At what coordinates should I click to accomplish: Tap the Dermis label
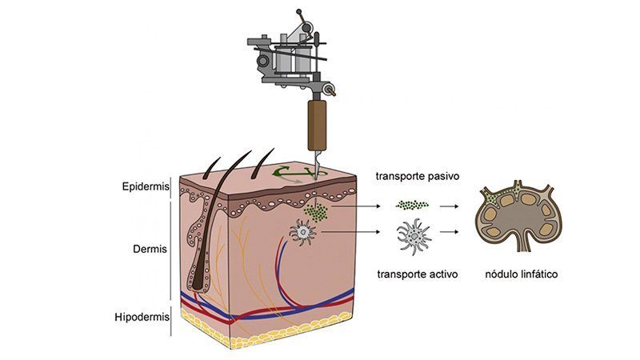point(150,249)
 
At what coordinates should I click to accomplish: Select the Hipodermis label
point(142,317)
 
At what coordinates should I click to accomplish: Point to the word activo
point(442,274)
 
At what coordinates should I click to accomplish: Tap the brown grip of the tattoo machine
point(317,125)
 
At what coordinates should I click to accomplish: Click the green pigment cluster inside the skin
point(315,212)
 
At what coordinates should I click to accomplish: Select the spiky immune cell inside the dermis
point(303,233)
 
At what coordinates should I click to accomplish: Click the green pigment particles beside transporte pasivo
point(412,205)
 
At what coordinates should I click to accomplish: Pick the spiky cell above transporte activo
point(414,237)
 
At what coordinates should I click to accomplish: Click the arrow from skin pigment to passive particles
point(354,206)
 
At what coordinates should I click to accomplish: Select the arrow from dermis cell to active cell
point(350,232)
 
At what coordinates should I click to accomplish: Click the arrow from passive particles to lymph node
point(449,206)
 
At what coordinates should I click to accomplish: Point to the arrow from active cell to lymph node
point(449,232)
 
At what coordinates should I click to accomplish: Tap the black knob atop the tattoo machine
point(298,11)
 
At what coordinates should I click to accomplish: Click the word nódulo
point(502,274)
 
